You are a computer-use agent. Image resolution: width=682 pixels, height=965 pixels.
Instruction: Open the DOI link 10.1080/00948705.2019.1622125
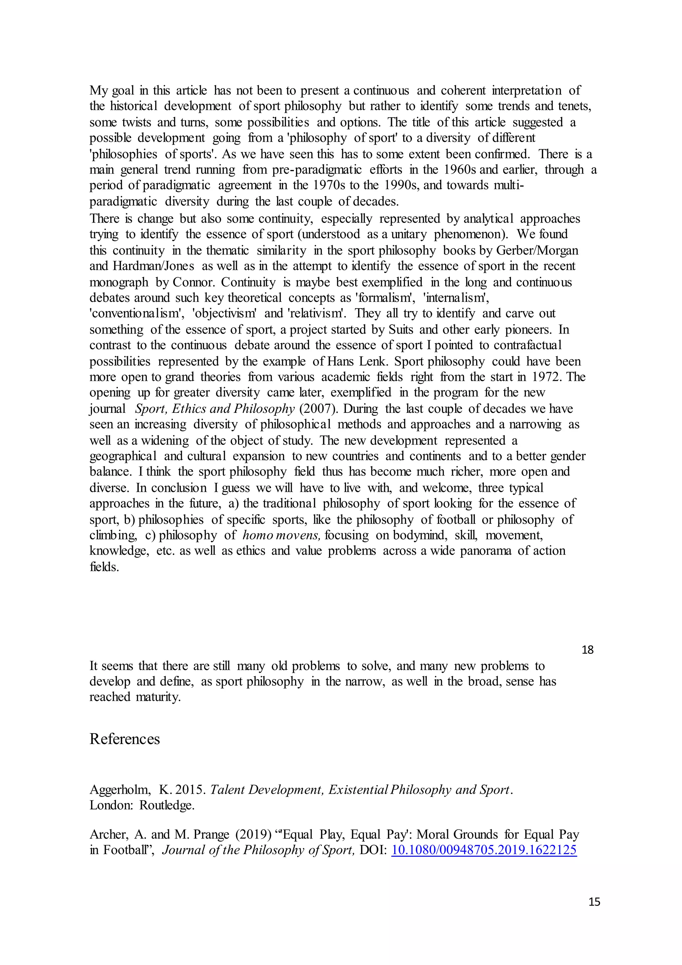[484, 850]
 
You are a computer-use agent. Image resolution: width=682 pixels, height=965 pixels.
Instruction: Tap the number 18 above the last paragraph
[587, 650]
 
